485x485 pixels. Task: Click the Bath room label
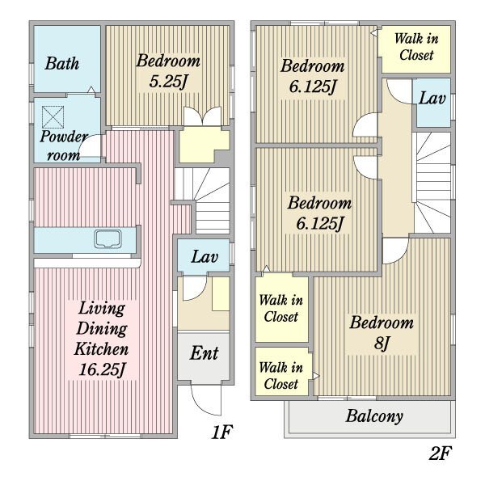[62, 63]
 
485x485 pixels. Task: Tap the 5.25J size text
[169, 82]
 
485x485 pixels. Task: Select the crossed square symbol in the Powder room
[53, 117]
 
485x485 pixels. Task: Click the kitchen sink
[108, 238]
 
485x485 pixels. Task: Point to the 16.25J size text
[102, 369]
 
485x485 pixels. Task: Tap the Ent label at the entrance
[204, 353]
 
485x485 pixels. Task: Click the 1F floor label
[222, 432]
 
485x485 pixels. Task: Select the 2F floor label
[441, 453]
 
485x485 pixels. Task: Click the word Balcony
[374, 416]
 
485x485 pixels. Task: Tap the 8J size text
[382, 343]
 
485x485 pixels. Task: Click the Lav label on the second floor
[432, 99]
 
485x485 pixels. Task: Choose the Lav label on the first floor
[205, 257]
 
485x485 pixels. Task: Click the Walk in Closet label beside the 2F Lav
[416, 47]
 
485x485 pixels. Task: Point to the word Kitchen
[102, 349]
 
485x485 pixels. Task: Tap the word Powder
[64, 137]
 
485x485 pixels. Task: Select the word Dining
[102, 329]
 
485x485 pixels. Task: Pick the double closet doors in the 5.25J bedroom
[203, 116]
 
